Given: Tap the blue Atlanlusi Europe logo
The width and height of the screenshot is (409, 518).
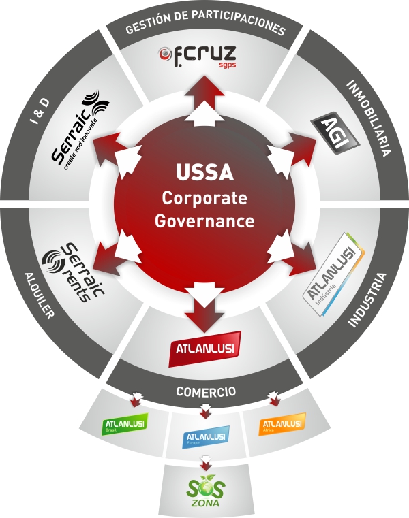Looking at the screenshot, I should click(206, 435).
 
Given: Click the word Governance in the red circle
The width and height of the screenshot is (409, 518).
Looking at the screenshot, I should click(204, 221).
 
